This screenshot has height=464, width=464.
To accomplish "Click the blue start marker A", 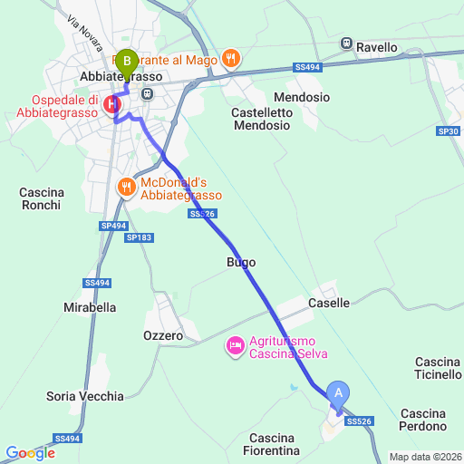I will tap(338, 392).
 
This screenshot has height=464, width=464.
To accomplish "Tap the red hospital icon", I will tap(112, 105).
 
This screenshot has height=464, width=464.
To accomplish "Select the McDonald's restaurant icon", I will tap(125, 188).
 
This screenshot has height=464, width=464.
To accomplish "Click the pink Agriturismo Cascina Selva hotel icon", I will tap(234, 344).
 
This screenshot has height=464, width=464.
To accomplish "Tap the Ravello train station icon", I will tap(345, 43).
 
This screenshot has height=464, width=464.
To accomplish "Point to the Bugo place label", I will tap(240, 262).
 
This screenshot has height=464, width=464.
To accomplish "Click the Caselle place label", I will tap(329, 303).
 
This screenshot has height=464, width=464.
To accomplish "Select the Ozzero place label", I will tap(163, 336).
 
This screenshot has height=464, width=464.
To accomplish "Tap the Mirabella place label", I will tap(90, 307).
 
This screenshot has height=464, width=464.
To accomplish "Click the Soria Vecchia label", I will tap(85, 396).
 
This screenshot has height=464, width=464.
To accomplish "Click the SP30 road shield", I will tap(448, 131).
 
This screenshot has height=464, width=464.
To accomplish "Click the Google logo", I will tap(30, 452).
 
